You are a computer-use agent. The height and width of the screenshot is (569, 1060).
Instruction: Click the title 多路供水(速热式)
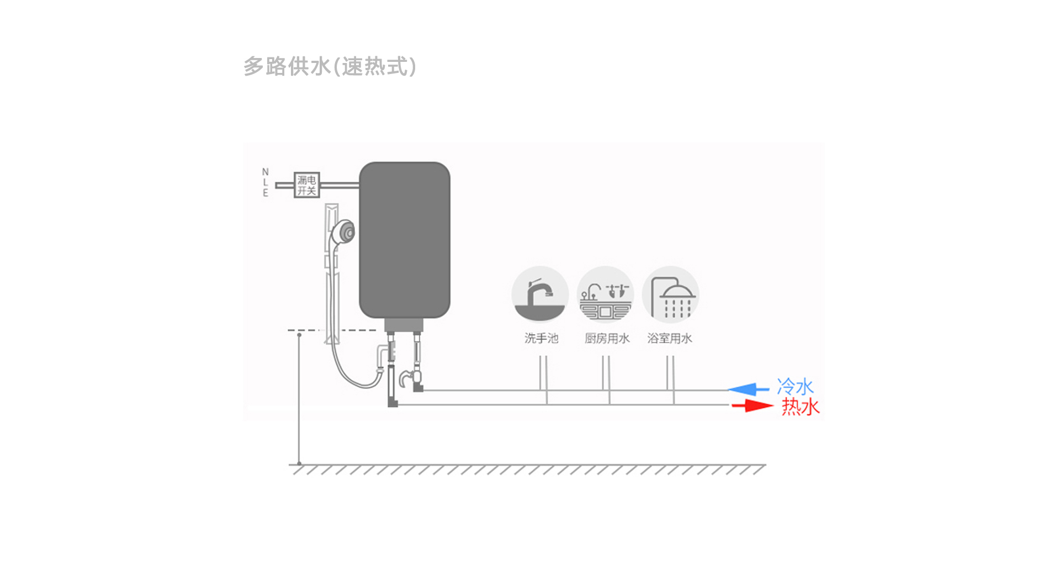click(330, 67)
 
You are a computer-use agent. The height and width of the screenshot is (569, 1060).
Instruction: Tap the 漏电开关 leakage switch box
click(306, 185)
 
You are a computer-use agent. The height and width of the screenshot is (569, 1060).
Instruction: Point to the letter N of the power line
click(265, 172)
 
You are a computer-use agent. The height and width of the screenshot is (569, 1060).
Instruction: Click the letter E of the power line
click(265, 193)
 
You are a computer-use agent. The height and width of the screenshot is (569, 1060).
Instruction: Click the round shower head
click(345, 233)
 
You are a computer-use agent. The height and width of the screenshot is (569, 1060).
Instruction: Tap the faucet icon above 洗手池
click(540, 294)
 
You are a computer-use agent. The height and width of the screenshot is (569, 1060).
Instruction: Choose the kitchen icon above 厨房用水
click(605, 294)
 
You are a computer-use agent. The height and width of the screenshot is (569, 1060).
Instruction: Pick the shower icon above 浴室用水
click(670, 294)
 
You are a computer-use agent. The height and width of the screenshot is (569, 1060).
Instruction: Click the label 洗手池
click(541, 338)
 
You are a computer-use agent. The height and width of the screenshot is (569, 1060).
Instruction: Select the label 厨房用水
click(607, 338)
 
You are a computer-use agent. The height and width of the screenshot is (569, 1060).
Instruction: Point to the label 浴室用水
click(669, 338)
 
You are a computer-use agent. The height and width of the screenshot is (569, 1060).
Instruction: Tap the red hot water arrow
click(752, 406)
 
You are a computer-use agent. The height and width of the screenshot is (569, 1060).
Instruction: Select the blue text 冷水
click(795, 387)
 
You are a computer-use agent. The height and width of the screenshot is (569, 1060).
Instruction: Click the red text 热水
click(801, 407)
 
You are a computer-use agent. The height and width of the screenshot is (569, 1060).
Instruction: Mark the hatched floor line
click(527, 469)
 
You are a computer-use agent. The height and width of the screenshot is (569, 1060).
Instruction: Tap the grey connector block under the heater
click(404, 325)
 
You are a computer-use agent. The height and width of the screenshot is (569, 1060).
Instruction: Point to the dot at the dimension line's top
click(299, 335)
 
